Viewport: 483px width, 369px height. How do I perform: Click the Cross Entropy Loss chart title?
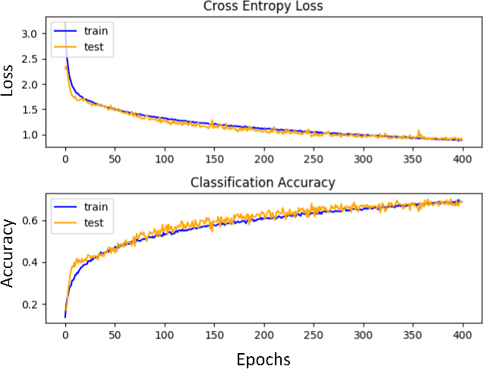[x=263, y=7]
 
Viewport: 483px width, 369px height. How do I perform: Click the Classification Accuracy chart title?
[x=263, y=182]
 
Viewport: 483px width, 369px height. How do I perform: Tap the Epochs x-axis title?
[x=263, y=358]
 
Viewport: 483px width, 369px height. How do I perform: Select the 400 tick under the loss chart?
[x=462, y=161]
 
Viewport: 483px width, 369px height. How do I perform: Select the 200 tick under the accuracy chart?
[x=264, y=336]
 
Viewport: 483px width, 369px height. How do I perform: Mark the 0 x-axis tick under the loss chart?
[x=65, y=161]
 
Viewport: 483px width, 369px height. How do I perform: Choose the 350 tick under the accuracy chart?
[x=412, y=336]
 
